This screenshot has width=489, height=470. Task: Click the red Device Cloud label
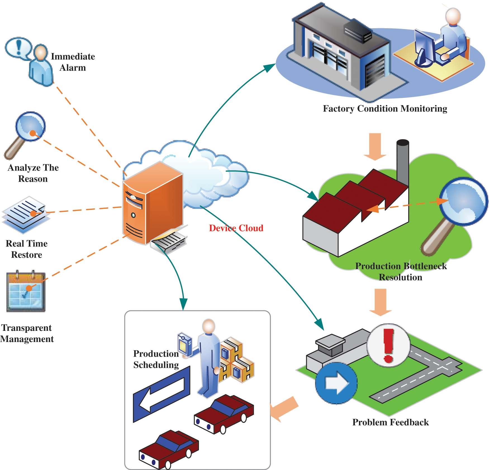pyautogui.click(x=236, y=228)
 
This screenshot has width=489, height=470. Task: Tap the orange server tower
pyautogui.click(x=152, y=204)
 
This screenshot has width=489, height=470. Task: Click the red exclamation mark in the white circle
pyautogui.click(x=388, y=345)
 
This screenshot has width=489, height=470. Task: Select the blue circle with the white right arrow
pyautogui.click(x=336, y=383)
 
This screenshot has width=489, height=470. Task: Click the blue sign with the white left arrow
pyautogui.click(x=162, y=394)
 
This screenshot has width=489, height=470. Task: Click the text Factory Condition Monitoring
pyautogui.click(x=385, y=108)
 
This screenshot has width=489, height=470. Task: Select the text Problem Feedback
pyautogui.click(x=390, y=422)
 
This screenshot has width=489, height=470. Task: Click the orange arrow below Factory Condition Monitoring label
pyautogui.click(x=375, y=146)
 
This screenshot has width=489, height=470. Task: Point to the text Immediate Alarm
pyautogui.click(x=73, y=62)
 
